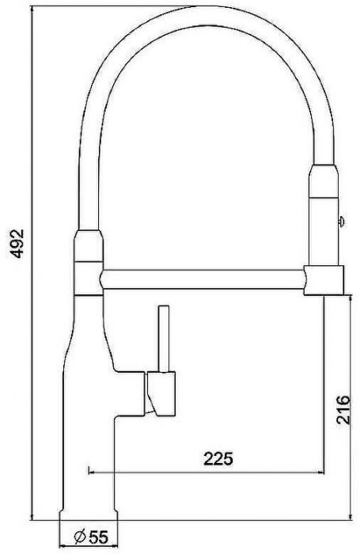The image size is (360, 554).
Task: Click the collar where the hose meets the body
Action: [x=88, y=252]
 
